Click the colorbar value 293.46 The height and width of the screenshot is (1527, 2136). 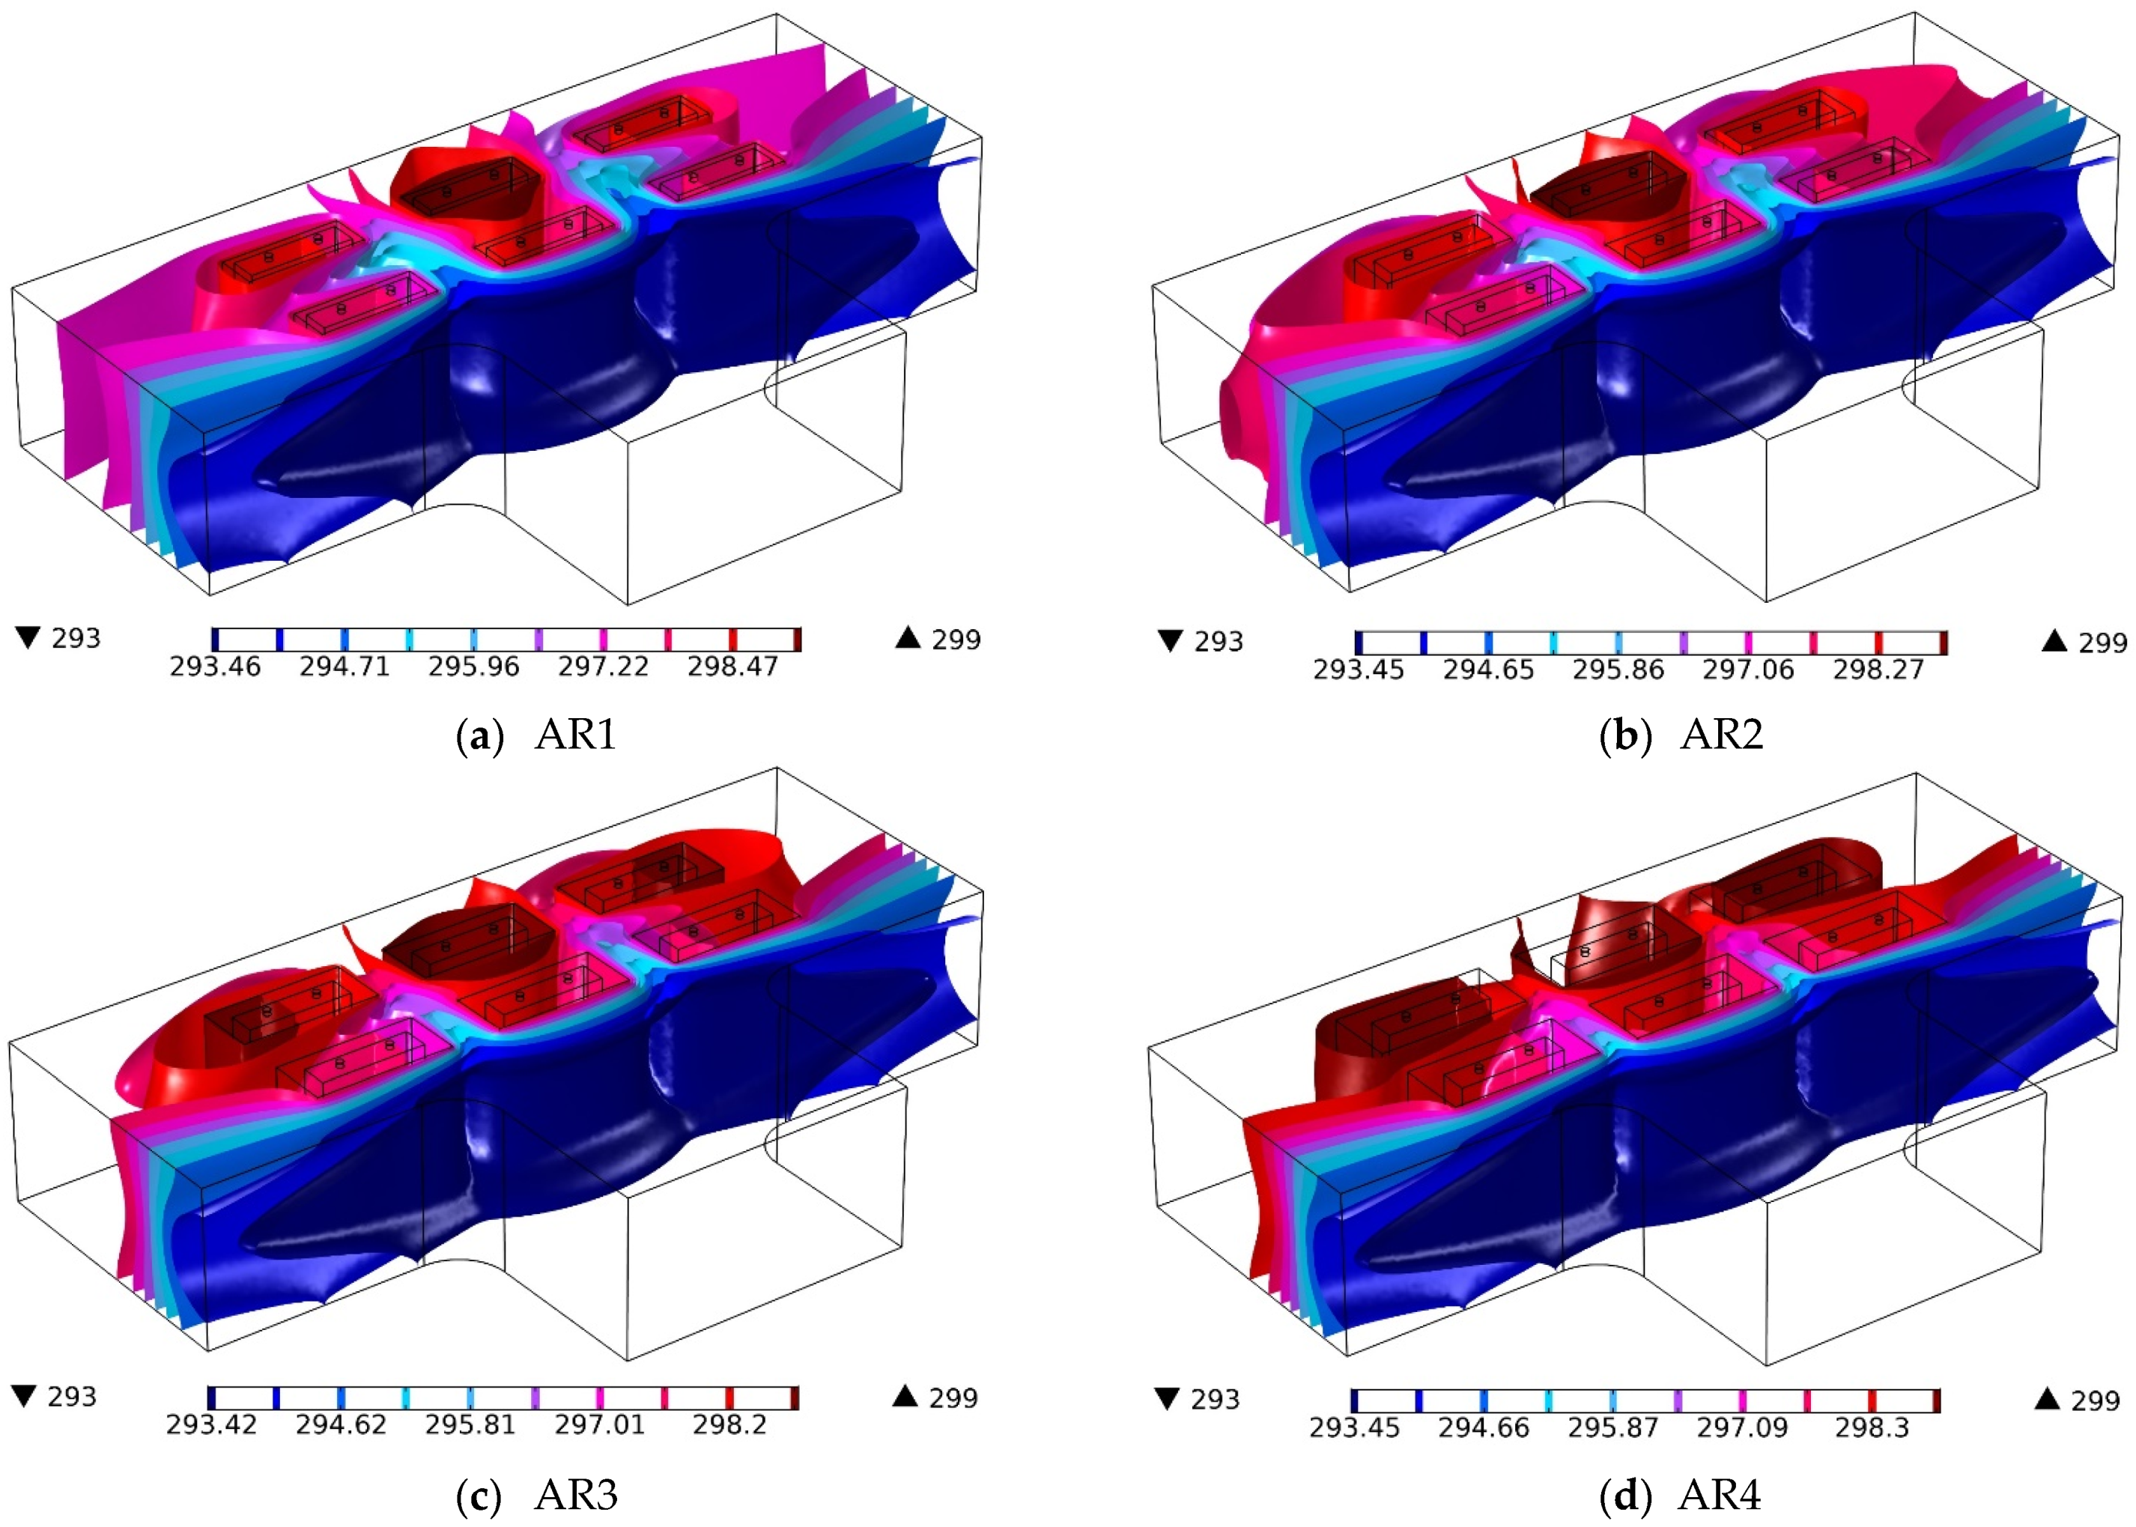(x=215, y=667)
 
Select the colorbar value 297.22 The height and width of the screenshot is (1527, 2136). (x=604, y=667)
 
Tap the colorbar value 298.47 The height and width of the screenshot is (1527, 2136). (x=732, y=667)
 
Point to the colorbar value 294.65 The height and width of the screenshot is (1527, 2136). (x=1488, y=670)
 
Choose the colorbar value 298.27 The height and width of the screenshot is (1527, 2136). (x=1878, y=670)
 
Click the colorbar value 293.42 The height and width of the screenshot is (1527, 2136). (x=211, y=1425)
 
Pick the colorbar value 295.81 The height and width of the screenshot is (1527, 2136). (x=470, y=1425)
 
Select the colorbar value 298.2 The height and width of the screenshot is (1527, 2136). (x=729, y=1425)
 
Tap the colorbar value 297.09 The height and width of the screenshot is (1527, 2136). (x=1742, y=1428)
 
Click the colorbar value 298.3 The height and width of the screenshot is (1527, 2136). (x=1872, y=1428)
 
